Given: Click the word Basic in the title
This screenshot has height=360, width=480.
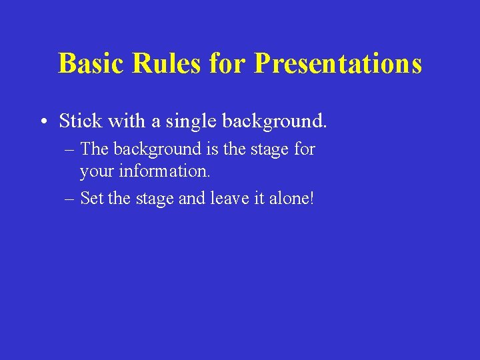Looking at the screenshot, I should click(91, 63).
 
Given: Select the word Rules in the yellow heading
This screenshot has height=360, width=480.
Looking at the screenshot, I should click(166, 63).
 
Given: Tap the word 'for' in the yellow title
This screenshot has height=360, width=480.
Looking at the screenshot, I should click(228, 63).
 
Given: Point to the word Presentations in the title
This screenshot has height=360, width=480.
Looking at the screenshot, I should click(338, 63).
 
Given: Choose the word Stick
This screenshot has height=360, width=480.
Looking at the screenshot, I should click(80, 121).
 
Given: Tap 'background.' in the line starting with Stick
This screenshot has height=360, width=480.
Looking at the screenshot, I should click(275, 121).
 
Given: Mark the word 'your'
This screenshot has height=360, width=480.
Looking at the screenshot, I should click(97, 171).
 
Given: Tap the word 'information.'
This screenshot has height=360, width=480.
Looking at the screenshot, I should click(164, 171).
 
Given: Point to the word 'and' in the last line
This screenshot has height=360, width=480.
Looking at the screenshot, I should click(191, 198).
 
